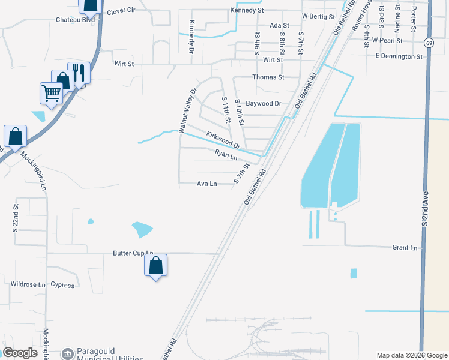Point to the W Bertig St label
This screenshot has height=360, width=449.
pyautogui.click(x=318, y=16)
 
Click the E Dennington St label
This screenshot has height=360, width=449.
pyautogui.click(x=399, y=56)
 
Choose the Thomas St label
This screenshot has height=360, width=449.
pyautogui.click(x=268, y=77)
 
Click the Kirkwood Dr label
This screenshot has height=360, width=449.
pyautogui.click(x=223, y=141)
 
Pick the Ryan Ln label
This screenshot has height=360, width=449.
pyautogui.click(x=226, y=155)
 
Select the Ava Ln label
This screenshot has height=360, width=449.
pyautogui.click(x=206, y=184)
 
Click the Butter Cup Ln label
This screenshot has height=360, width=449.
pyautogui.click(x=133, y=254)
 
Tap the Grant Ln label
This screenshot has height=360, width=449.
pyautogui.click(x=404, y=247)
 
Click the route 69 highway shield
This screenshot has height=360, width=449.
pyautogui.click(x=428, y=43)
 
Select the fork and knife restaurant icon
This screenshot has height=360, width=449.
pyautogui.click(x=79, y=73)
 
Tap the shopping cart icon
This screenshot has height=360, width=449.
pyautogui.click(x=51, y=92)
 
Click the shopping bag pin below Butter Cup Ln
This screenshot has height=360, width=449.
pyautogui.click(x=155, y=265)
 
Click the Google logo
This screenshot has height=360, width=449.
pyautogui.click(x=20, y=353)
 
